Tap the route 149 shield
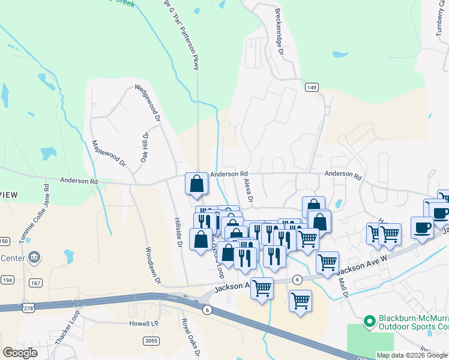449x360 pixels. (311, 88)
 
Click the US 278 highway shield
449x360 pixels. (28, 308)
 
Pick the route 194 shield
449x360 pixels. (7, 280)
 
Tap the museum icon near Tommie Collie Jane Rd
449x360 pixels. (34, 257)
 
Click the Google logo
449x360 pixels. (20, 352)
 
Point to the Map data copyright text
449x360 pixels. (411, 355)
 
